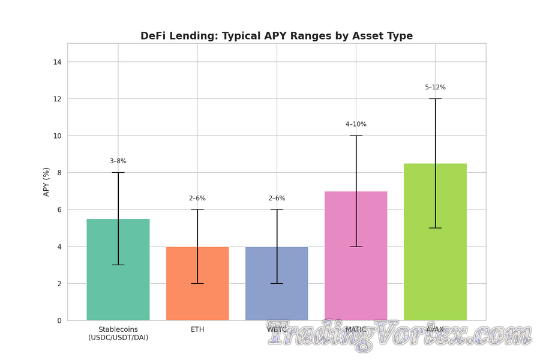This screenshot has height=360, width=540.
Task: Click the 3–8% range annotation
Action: pos(118,161)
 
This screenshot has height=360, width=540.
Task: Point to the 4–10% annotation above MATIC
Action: pos(356,124)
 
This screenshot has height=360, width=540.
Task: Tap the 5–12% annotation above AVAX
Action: pos(435,88)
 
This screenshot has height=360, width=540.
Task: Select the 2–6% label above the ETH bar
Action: pos(197,199)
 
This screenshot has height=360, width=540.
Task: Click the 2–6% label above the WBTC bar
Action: pos(277,199)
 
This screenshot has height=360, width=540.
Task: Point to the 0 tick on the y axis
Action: pos(59,320)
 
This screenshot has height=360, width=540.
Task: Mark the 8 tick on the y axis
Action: pos(59,173)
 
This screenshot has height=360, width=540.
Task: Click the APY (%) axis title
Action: pos(46,182)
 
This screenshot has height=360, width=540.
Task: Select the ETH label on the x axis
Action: pos(197,329)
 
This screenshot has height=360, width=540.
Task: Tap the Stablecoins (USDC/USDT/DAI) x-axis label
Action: pos(118,334)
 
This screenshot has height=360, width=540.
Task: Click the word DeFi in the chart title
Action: pos(155,36)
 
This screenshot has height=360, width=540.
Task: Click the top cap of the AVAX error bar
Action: pos(435,98)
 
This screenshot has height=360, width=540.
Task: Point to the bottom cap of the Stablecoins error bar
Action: pos(118,265)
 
